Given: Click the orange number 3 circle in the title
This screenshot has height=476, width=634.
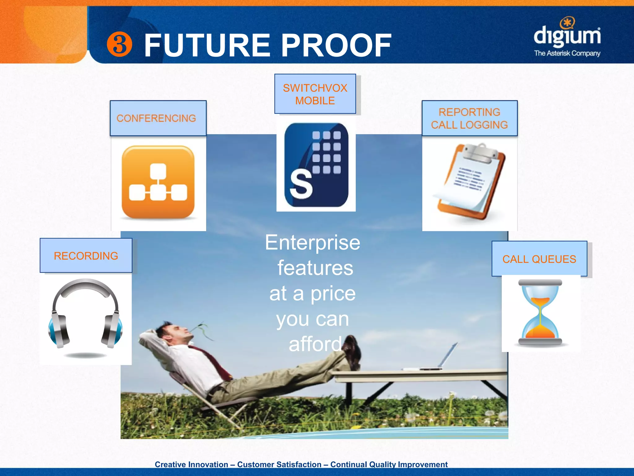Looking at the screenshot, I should coord(119,45).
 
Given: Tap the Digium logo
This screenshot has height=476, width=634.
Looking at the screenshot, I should coord(567,34).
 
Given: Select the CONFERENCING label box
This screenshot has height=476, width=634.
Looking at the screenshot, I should coord(158,118).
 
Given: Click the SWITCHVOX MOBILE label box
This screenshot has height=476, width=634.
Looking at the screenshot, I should coord(315,94).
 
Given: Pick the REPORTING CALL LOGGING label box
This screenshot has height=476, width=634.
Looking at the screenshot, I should coord(469,118).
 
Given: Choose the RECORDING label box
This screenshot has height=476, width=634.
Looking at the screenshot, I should coord(86,256).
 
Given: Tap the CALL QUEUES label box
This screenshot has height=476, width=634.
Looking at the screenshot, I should coord(539,259).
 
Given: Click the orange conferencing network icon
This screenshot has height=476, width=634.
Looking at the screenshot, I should coord(158,182).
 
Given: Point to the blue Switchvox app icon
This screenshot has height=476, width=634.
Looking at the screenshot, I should coord(316,165).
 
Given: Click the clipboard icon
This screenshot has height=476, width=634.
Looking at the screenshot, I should coord(471,181).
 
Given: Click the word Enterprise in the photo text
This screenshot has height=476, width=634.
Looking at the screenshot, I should coord(313,242).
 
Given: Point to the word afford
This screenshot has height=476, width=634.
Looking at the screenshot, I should coord(315,344).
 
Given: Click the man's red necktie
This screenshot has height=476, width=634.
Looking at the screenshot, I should coord(214,361).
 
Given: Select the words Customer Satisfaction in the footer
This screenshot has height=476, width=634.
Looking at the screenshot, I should coord(279,464).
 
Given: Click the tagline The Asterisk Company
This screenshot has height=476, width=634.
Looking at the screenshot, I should coord(567,53).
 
